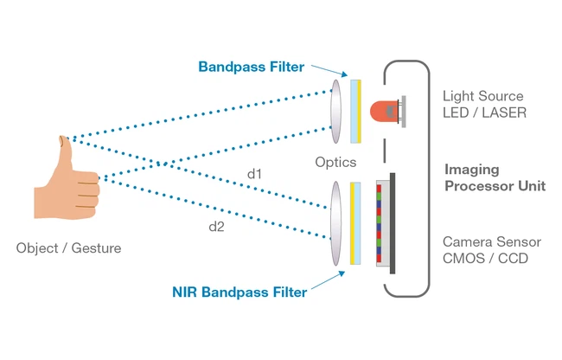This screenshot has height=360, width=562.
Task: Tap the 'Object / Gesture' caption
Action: pos(68,248)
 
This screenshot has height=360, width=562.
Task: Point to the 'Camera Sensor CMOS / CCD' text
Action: pos(487,250)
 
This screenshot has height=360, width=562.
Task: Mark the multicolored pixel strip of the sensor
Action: pos(380,222)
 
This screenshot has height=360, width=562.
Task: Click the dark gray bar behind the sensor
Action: pos(393,222)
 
